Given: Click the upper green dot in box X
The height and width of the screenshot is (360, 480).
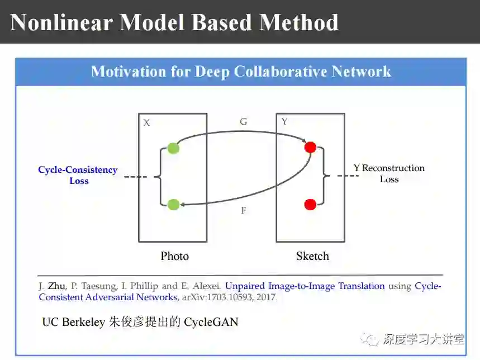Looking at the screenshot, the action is click(x=173, y=148).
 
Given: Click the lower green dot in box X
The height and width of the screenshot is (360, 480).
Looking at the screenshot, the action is click(x=173, y=204).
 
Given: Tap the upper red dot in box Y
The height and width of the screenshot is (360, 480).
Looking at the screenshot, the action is click(x=310, y=148).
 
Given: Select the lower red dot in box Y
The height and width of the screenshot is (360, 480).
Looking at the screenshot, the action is click(x=310, y=204).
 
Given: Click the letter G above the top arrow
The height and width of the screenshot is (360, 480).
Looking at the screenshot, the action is click(x=243, y=121).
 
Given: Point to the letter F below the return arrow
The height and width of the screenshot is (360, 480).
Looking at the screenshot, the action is click(x=243, y=211).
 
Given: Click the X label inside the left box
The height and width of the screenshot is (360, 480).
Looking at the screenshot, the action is click(x=146, y=122).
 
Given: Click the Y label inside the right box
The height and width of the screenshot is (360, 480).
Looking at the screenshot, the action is click(x=284, y=121).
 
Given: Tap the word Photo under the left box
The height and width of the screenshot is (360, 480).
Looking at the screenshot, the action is click(x=174, y=256).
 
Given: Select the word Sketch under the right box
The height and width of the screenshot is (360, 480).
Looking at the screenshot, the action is click(x=312, y=256).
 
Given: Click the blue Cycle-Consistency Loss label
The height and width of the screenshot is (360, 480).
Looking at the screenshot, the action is click(x=78, y=175).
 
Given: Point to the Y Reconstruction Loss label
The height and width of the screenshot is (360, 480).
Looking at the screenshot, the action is click(x=389, y=173).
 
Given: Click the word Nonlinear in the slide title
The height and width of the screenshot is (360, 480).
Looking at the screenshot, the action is click(x=61, y=22).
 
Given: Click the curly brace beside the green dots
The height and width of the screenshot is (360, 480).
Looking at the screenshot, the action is click(x=157, y=177).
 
